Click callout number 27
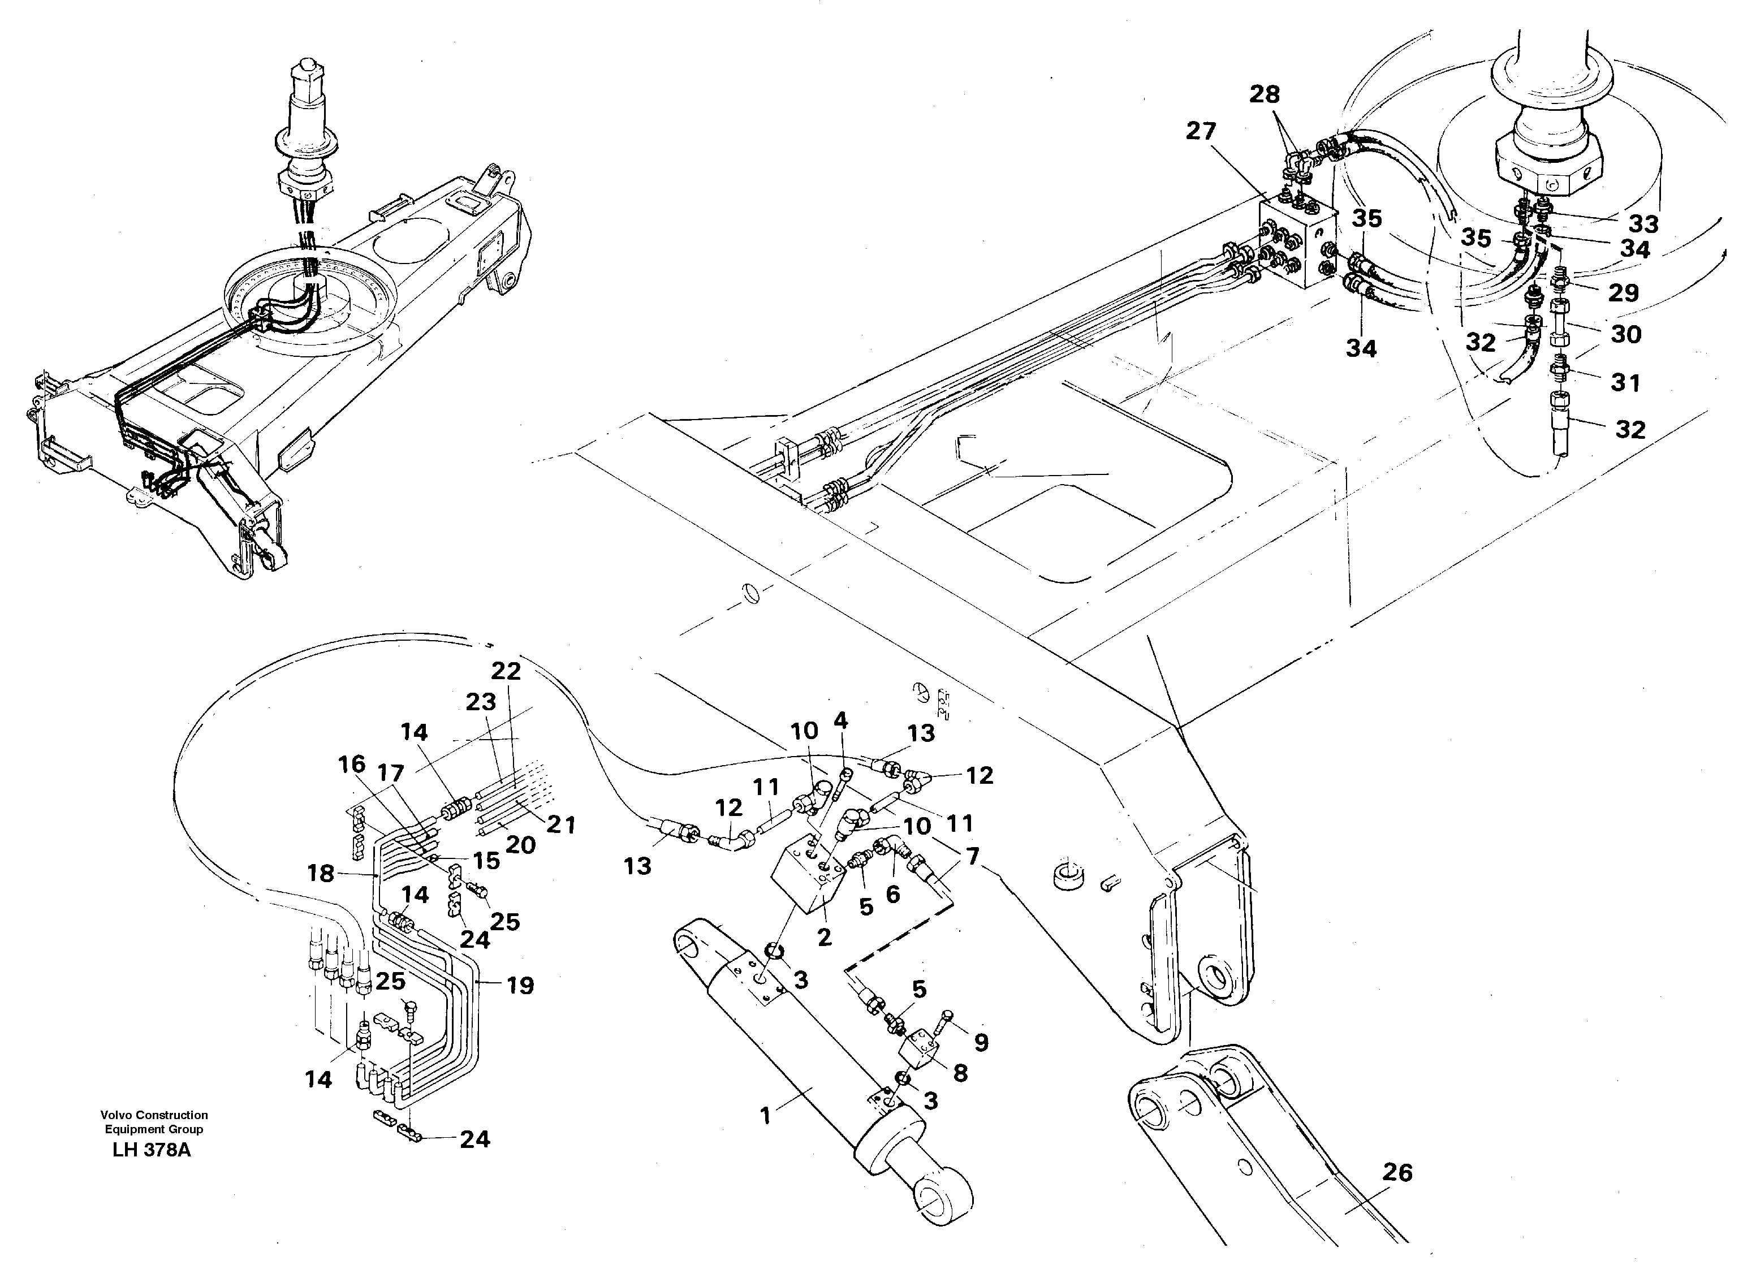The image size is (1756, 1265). pyautogui.click(x=1201, y=132)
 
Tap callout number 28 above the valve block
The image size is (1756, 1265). pyautogui.click(x=1265, y=94)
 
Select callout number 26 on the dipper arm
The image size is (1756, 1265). pyautogui.click(x=1397, y=1173)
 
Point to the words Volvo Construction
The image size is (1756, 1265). pyautogui.click(x=154, y=1115)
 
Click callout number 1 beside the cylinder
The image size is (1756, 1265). pyautogui.click(x=766, y=1116)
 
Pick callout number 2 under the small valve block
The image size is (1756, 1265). pyautogui.click(x=825, y=938)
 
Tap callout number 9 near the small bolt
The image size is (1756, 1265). pyautogui.click(x=981, y=1043)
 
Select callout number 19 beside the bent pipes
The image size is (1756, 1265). pyautogui.click(x=520, y=986)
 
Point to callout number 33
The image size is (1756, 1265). pyautogui.click(x=1643, y=224)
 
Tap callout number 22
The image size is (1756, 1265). pyautogui.click(x=506, y=671)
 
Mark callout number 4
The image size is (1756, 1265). pyautogui.click(x=840, y=721)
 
